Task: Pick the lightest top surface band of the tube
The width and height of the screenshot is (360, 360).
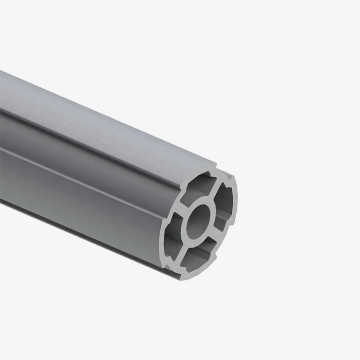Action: coord(99,113)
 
